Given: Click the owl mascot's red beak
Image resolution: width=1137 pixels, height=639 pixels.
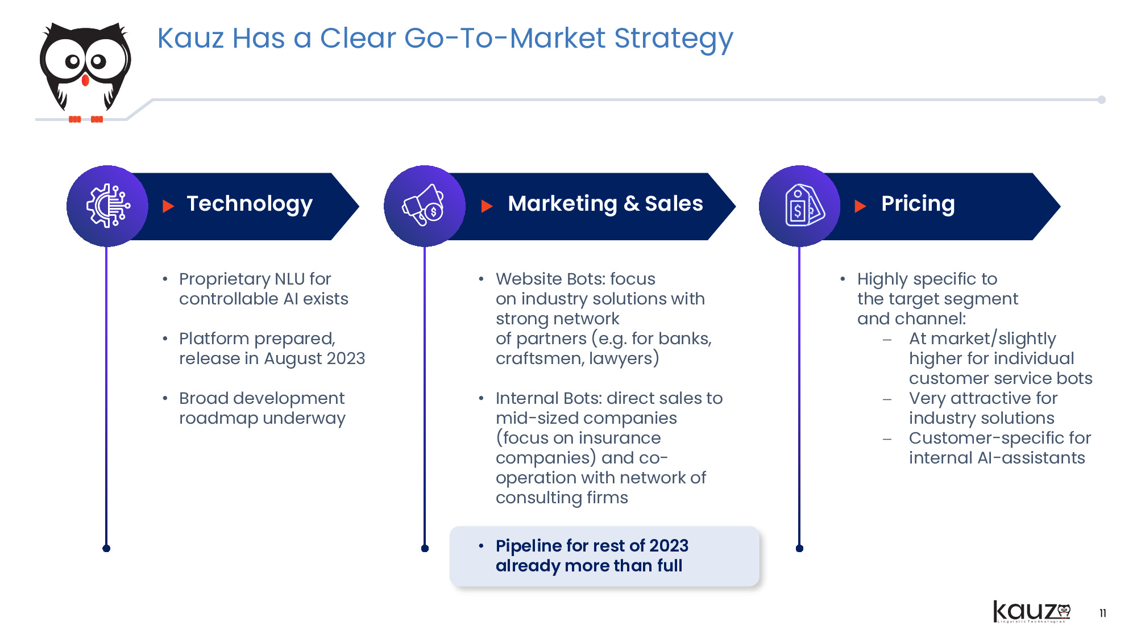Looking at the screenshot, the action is tap(85, 80).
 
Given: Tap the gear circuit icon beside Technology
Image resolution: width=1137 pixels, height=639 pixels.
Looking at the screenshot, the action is tap(108, 206).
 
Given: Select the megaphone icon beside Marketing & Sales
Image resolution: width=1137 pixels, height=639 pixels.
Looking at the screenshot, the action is tap(424, 205).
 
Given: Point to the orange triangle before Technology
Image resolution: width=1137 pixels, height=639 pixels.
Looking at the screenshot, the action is tap(168, 206).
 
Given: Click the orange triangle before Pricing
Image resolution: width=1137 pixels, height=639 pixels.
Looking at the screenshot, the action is tap(860, 206).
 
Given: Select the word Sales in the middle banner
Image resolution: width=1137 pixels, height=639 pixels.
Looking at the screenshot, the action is tap(674, 203).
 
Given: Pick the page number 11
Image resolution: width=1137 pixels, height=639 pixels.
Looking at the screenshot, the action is tap(1103, 613).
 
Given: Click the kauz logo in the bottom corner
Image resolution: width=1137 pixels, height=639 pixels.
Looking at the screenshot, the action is tap(1032, 612).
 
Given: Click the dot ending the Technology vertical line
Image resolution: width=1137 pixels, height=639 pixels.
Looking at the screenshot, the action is tap(106, 548).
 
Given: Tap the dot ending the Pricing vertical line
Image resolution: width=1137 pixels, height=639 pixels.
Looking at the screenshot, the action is tap(799, 548).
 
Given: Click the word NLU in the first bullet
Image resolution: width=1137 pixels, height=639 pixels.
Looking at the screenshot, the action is tap(290, 279).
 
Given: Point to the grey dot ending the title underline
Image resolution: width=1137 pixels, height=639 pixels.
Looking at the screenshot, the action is tap(1102, 99).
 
